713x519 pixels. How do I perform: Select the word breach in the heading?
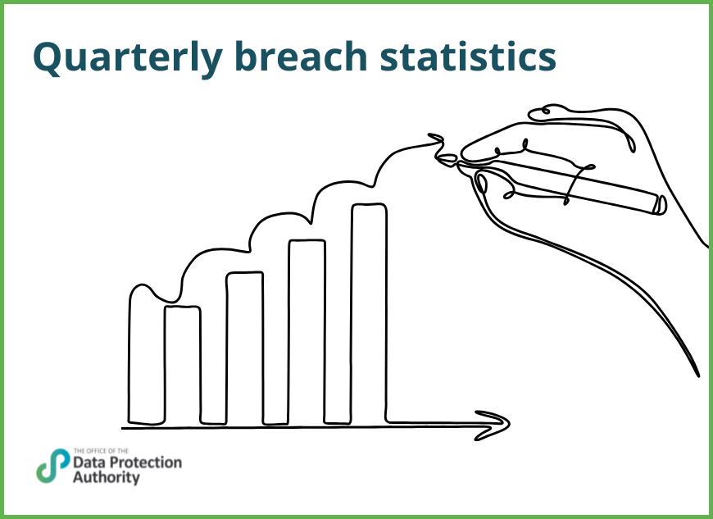pyautogui.click(x=302, y=56)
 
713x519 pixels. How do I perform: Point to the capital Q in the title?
pyautogui.click(x=48, y=56)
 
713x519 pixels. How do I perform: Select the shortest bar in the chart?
pyautogui.click(x=182, y=365)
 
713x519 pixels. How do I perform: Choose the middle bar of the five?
pyautogui.click(x=244, y=348)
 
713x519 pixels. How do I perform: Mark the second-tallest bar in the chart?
pyautogui.click(x=307, y=332)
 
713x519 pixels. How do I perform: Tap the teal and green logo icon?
pyautogui.click(x=52, y=466)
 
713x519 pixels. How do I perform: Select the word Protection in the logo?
pyautogui.click(x=146, y=462)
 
